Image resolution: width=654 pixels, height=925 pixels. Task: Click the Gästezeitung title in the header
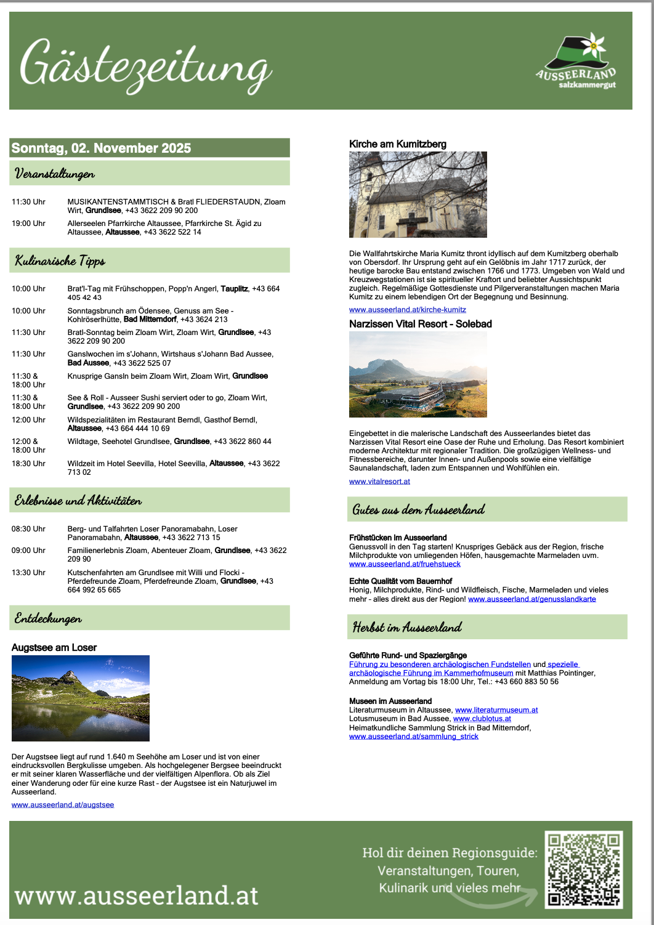[x=145, y=67]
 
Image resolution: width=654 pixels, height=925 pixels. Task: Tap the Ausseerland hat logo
[x=576, y=62]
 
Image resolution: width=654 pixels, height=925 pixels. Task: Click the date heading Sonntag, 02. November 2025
[x=102, y=148]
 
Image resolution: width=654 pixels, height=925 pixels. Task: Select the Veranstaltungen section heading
[x=55, y=174]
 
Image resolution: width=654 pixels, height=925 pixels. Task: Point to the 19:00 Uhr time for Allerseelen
[x=28, y=224]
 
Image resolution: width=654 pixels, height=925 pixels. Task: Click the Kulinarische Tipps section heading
[x=60, y=261]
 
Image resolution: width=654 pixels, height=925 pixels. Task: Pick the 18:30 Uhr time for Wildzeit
[x=28, y=464]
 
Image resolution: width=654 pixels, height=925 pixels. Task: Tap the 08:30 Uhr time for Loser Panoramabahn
[x=28, y=529]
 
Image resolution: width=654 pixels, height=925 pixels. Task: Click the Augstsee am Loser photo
[x=81, y=698]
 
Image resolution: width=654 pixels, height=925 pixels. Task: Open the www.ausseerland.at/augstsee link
[x=63, y=805]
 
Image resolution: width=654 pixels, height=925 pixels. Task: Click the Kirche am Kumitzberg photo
[x=418, y=195]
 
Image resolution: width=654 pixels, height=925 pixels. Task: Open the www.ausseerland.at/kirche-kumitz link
[x=408, y=310]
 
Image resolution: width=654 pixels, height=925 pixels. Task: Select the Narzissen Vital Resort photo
[x=418, y=374]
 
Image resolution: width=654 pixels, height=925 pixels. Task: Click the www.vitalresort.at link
[x=379, y=482]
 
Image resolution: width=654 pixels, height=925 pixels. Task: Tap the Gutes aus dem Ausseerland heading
[x=419, y=510]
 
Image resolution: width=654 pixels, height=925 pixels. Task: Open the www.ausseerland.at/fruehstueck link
[x=405, y=564]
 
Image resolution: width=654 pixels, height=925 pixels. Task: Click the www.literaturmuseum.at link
[x=496, y=710]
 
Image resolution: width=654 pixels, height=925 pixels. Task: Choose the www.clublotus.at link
[x=482, y=719]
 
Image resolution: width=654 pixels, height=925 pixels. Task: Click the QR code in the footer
[x=584, y=870]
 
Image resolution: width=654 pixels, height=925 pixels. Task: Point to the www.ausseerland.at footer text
[x=137, y=895]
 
